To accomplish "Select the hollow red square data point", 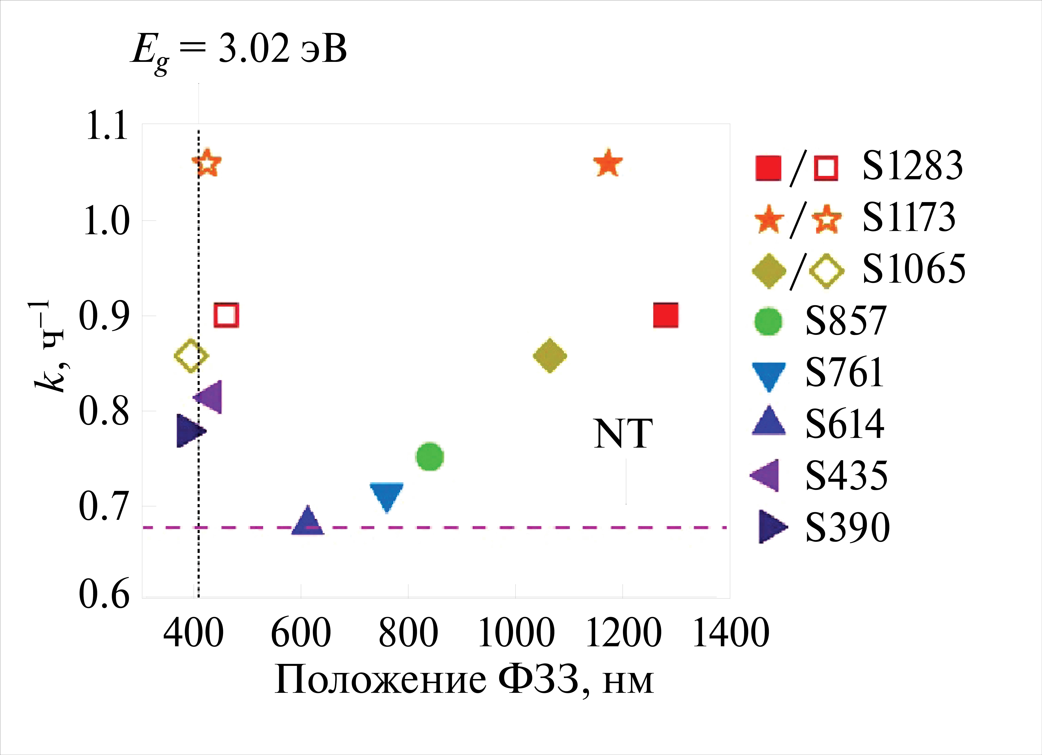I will click(x=226, y=315).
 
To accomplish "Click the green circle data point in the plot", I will click(x=430, y=457).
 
